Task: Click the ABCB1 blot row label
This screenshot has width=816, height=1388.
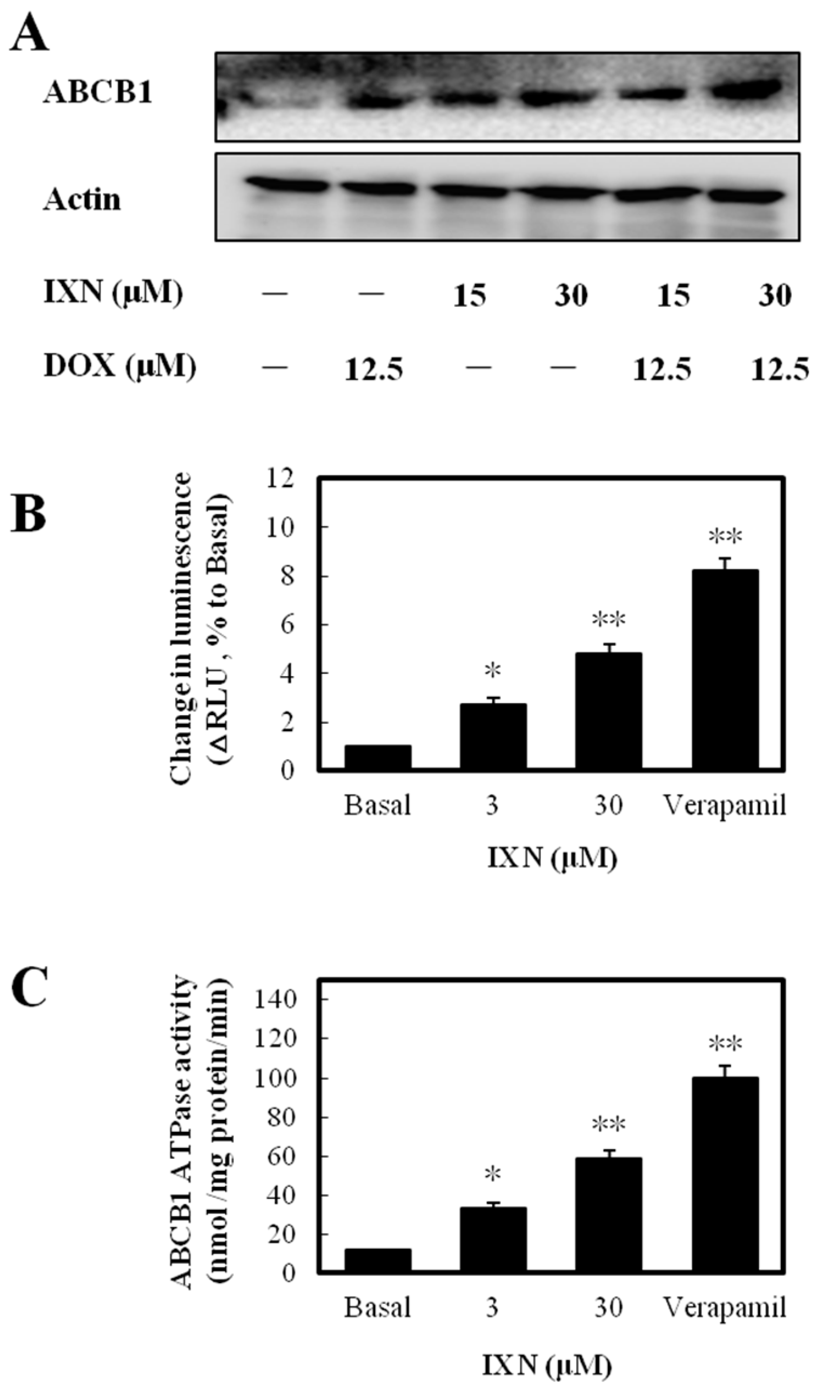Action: tap(97, 92)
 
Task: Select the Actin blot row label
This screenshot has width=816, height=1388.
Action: tap(82, 199)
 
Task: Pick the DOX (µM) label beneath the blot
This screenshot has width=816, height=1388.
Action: tap(119, 366)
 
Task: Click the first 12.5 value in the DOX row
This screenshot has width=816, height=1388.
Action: tap(374, 369)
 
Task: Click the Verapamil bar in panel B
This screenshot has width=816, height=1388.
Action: tap(725, 669)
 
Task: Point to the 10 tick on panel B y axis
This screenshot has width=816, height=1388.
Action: tap(286, 528)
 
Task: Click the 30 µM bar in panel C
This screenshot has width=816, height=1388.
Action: tap(608, 1206)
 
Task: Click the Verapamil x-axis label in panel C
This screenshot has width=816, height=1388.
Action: tap(724, 1305)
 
